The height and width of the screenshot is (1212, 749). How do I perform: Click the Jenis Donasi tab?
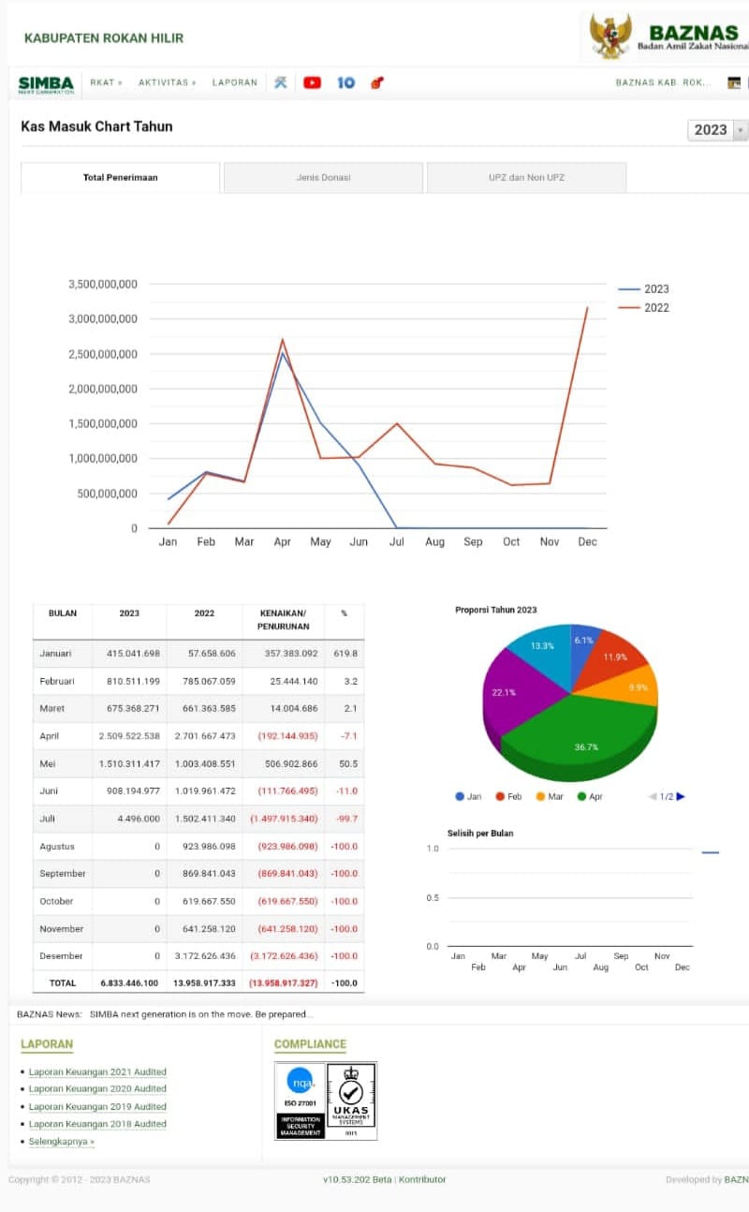(323, 177)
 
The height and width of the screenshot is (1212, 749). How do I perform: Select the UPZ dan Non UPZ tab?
(526, 177)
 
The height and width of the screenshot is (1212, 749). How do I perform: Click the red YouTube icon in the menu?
(312, 82)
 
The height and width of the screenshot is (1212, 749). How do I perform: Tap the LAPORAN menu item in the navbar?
(234, 82)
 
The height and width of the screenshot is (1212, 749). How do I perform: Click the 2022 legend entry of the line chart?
(655, 308)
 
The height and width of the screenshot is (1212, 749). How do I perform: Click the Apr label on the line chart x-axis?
(282, 542)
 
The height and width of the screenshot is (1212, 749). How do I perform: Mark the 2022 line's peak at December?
(587, 307)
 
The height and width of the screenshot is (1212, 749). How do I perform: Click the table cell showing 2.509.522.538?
(129, 736)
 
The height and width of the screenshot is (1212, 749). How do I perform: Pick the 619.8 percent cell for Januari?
(344, 653)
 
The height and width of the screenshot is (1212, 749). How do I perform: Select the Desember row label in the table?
(62, 956)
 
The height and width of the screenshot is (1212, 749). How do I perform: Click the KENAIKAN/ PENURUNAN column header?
(283, 619)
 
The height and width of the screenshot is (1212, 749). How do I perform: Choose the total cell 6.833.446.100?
(129, 983)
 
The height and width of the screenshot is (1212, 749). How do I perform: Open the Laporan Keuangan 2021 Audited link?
(97, 1072)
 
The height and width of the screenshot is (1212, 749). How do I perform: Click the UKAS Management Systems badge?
(351, 1100)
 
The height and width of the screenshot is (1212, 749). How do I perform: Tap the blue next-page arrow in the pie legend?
(681, 796)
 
